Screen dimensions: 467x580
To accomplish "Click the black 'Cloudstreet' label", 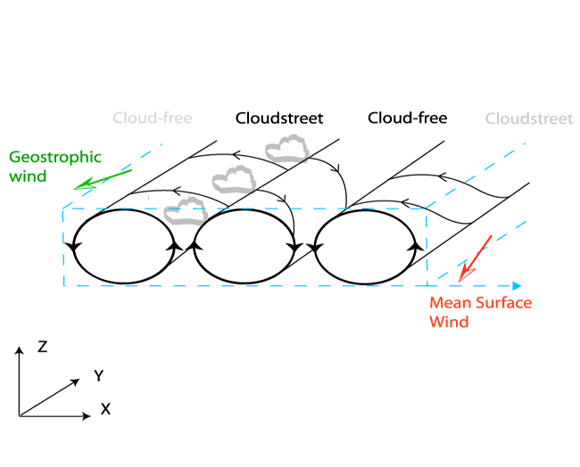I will pos(279,118).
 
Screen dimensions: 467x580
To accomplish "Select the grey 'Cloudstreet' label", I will pos(529,119).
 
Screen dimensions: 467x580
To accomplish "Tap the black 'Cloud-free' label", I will pos(408,118).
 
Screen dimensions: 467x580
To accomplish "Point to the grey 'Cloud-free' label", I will pos(153,118).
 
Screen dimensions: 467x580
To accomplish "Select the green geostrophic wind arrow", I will pos(103,178).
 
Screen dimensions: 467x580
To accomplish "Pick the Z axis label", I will pos(42,347).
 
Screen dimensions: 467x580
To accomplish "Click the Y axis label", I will pos(98,376).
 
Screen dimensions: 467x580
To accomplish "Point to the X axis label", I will pos(105,409).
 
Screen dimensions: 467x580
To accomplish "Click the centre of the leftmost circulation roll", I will pos(124,246).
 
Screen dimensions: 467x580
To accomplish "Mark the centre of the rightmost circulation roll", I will pos(367,246).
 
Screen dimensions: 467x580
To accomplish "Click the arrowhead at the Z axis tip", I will pos(19,350).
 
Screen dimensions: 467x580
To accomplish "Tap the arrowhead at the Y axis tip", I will pos(82,379).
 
